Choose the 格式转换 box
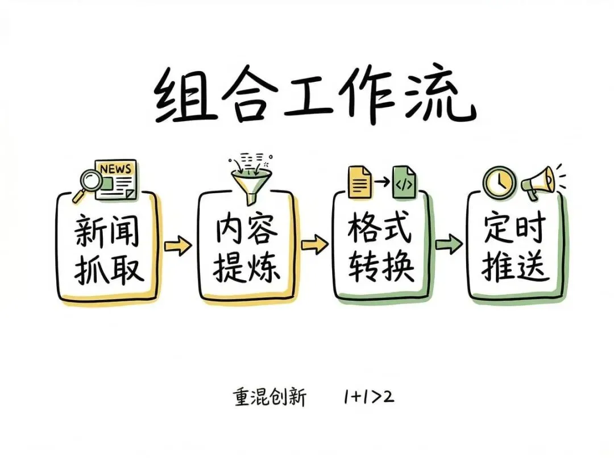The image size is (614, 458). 381,247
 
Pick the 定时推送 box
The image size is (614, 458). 515,247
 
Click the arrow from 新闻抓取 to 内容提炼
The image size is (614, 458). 177,245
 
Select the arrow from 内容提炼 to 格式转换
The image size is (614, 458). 314,245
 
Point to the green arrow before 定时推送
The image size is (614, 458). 449,245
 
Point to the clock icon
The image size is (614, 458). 499,181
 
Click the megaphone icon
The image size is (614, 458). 538,181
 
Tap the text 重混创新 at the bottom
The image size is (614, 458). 269,397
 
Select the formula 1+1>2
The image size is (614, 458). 368,397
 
